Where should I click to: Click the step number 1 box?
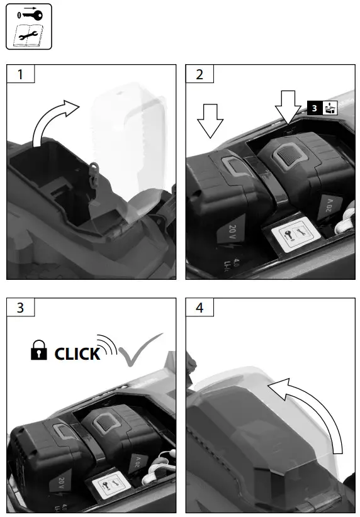(20, 74)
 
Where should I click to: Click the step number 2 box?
(200, 74)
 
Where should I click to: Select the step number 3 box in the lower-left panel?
(20, 308)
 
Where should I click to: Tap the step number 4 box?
(200, 308)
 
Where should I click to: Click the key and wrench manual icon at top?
(28, 26)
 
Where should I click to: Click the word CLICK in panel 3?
(77, 353)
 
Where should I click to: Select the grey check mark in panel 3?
(138, 352)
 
